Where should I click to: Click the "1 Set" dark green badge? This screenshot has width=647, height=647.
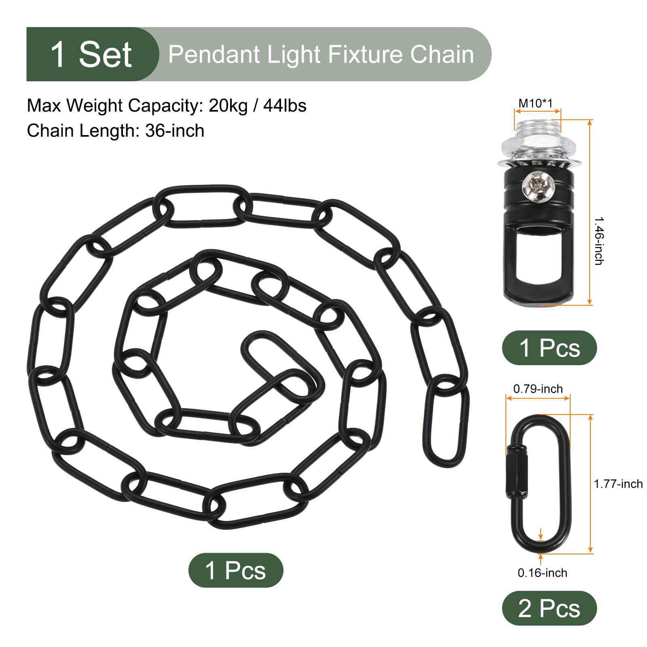[x=92, y=54]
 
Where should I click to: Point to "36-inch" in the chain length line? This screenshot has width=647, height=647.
[x=175, y=131]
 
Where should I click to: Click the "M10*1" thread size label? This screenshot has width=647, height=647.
[x=536, y=104]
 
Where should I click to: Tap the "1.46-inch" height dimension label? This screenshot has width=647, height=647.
[x=599, y=241]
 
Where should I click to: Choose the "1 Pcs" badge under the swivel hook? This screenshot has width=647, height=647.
[x=550, y=348]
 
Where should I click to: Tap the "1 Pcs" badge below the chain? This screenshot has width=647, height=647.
[x=236, y=570]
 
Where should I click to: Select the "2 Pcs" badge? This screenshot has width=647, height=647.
[x=550, y=608]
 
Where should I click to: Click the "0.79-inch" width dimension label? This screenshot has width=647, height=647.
[x=538, y=389]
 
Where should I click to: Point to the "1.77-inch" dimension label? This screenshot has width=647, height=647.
[x=618, y=484]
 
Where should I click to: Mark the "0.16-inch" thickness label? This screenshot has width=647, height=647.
[x=542, y=573]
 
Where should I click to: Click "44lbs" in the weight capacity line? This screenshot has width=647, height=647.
[x=285, y=106]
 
